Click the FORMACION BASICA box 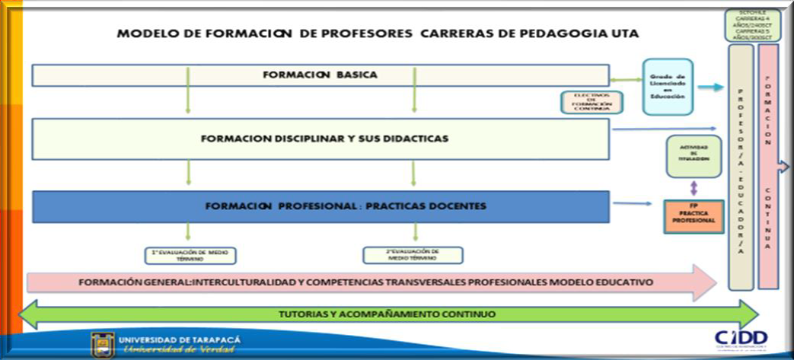pos(320,75)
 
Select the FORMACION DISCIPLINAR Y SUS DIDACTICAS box pos(320,139)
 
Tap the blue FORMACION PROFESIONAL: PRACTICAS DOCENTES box pos(320,205)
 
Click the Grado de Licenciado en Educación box pos(668,87)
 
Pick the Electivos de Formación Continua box pos(592,102)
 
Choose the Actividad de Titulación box pos(694,156)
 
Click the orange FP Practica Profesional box pos(694,216)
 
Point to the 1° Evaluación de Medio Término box pos(190,254)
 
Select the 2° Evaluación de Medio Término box pos(413,254)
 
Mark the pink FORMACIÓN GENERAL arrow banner pos(365,282)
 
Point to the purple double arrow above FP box pos(694,188)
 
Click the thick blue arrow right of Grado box pos(710,88)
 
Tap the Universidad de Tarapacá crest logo pos(102,344)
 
